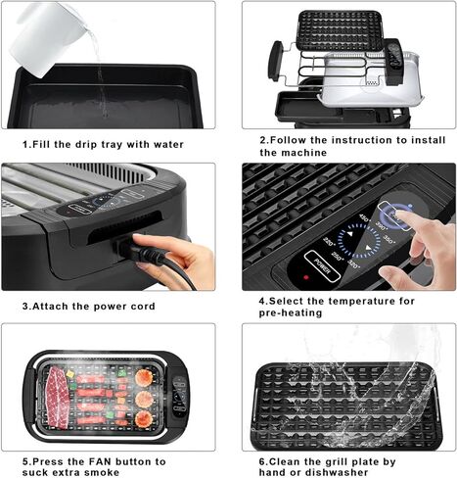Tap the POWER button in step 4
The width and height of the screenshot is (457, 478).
click(x=322, y=266)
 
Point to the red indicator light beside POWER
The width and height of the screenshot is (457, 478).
click(x=306, y=277)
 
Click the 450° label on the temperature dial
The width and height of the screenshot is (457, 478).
click(x=364, y=217)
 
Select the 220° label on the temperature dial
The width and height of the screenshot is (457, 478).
click(x=329, y=242)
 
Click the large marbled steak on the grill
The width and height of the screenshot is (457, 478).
click(x=58, y=397)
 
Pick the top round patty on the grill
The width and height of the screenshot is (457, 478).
click(x=144, y=377)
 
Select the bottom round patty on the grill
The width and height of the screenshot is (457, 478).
click(x=144, y=419)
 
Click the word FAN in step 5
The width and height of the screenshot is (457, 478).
click(x=100, y=461)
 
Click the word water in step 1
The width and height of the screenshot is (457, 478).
click(x=168, y=144)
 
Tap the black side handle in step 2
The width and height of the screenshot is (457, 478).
click(x=275, y=61)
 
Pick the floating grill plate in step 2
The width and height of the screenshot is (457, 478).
click(x=340, y=30)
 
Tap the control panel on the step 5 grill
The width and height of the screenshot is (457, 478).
click(x=180, y=397)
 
